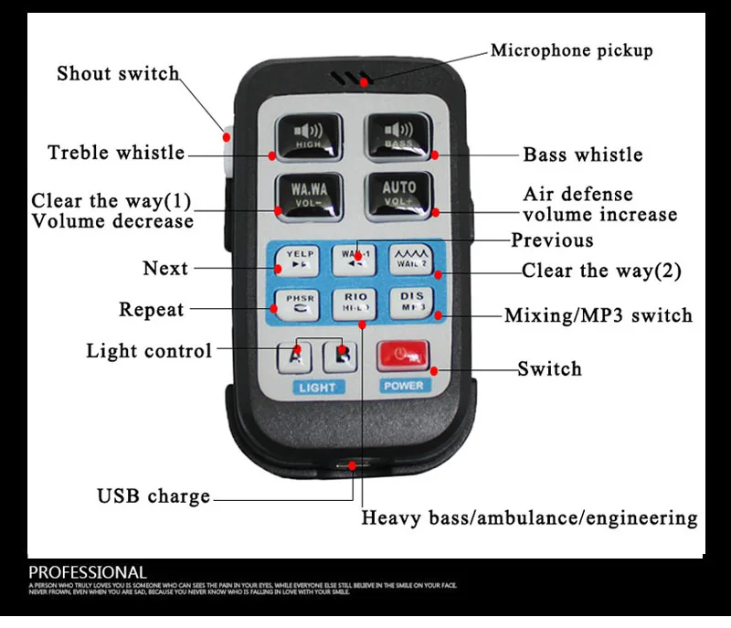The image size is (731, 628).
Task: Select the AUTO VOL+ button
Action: click(398, 193)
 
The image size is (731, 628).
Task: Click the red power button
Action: click(403, 353)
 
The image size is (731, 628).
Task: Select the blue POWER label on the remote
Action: click(403, 386)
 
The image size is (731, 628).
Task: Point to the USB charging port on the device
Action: click(351, 465)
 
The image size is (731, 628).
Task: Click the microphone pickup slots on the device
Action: click(351, 79)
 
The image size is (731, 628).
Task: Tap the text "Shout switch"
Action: click(118, 74)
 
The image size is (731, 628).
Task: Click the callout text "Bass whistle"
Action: click(582, 154)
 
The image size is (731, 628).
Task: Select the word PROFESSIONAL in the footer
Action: click(88, 573)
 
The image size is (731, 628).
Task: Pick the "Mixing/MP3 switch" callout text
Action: click(599, 316)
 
